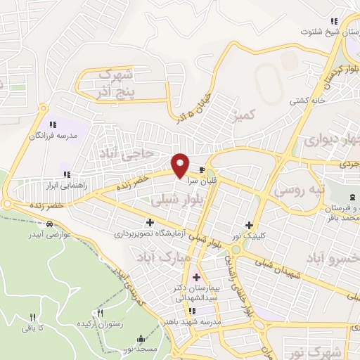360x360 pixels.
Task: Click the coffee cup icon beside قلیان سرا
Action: [x=202, y=170]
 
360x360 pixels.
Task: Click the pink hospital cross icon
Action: [x=196, y=276]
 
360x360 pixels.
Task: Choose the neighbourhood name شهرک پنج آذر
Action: [x=116, y=83]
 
